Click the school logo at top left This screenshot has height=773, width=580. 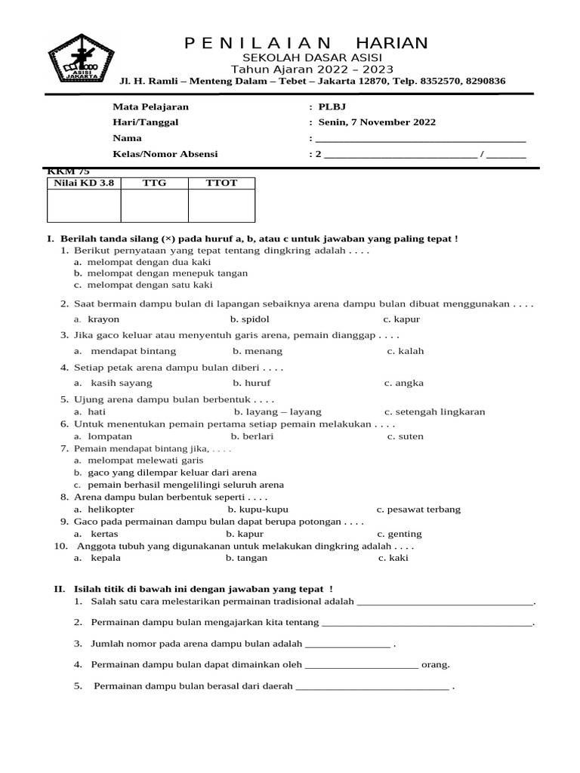[79, 58]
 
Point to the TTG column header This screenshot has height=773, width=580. [154, 183]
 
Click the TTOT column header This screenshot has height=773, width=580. [221, 183]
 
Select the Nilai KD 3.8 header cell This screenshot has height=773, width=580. [82, 183]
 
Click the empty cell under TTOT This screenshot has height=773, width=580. [221, 205]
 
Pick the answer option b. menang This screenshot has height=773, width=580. [258, 351]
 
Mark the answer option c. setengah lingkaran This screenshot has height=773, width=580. [434, 412]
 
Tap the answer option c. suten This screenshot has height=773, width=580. [406, 436]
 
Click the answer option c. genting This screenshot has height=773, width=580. [400, 534]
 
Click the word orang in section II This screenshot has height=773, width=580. [436, 665]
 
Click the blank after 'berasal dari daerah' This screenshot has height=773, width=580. [372, 687]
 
